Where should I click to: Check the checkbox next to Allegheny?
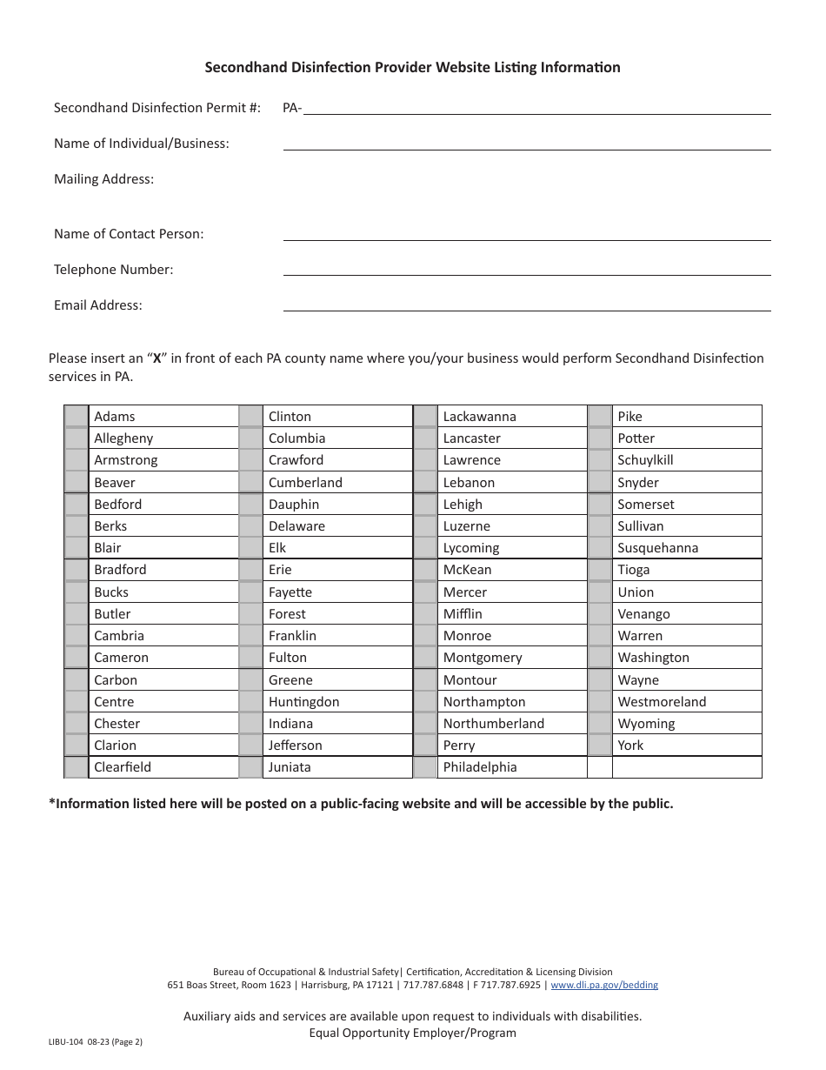pos(77,438)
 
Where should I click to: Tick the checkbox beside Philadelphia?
pos(425,767)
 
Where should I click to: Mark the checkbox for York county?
pos(600,746)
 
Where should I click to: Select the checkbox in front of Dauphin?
pos(250,505)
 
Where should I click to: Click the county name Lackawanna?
pos(479,417)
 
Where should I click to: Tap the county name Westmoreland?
pos(662,702)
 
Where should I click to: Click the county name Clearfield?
pos(123,767)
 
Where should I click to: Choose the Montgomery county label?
pos(483,658)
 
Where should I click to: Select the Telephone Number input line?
pos(527,269)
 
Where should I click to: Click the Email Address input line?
pos(527,304)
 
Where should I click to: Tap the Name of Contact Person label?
pos(129,234)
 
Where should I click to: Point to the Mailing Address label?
pos(103,179)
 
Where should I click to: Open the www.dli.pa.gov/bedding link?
pos(604,986)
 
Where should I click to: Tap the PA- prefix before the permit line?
pos(292,108)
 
